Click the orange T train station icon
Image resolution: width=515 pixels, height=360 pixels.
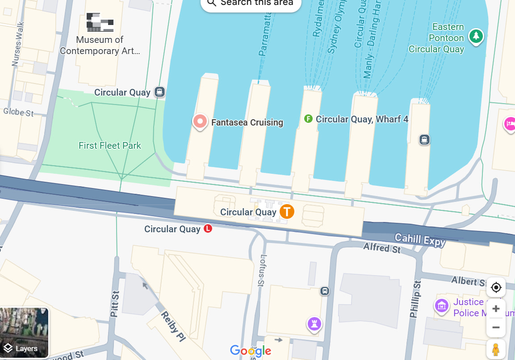click(287, 211)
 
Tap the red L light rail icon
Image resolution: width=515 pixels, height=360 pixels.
click(208, 229)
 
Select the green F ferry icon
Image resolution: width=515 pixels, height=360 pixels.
click(308, 119)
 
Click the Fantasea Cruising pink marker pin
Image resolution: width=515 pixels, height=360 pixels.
click(200, 121)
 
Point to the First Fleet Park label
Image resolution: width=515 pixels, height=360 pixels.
click(110, 146)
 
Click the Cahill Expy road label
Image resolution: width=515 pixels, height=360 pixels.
click(420, 240)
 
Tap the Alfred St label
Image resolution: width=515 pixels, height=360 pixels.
click(382, 247)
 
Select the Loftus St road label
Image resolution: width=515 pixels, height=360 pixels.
click(263, 271)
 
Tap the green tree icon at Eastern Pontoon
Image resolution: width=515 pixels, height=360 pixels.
click(476, 36)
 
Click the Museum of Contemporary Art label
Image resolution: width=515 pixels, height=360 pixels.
click(100, 45)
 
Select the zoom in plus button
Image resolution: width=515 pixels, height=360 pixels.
click(496, 309)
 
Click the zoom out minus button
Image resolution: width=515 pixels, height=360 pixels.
click(496, 327)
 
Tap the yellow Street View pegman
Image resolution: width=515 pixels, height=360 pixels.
click(496, 349)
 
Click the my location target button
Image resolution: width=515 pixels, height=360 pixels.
click(496, 287)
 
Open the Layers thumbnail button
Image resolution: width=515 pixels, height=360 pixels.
click(24, 333)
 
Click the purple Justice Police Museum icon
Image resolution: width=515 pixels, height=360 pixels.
click(442, 306)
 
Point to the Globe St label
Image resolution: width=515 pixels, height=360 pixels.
click(18, 112)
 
